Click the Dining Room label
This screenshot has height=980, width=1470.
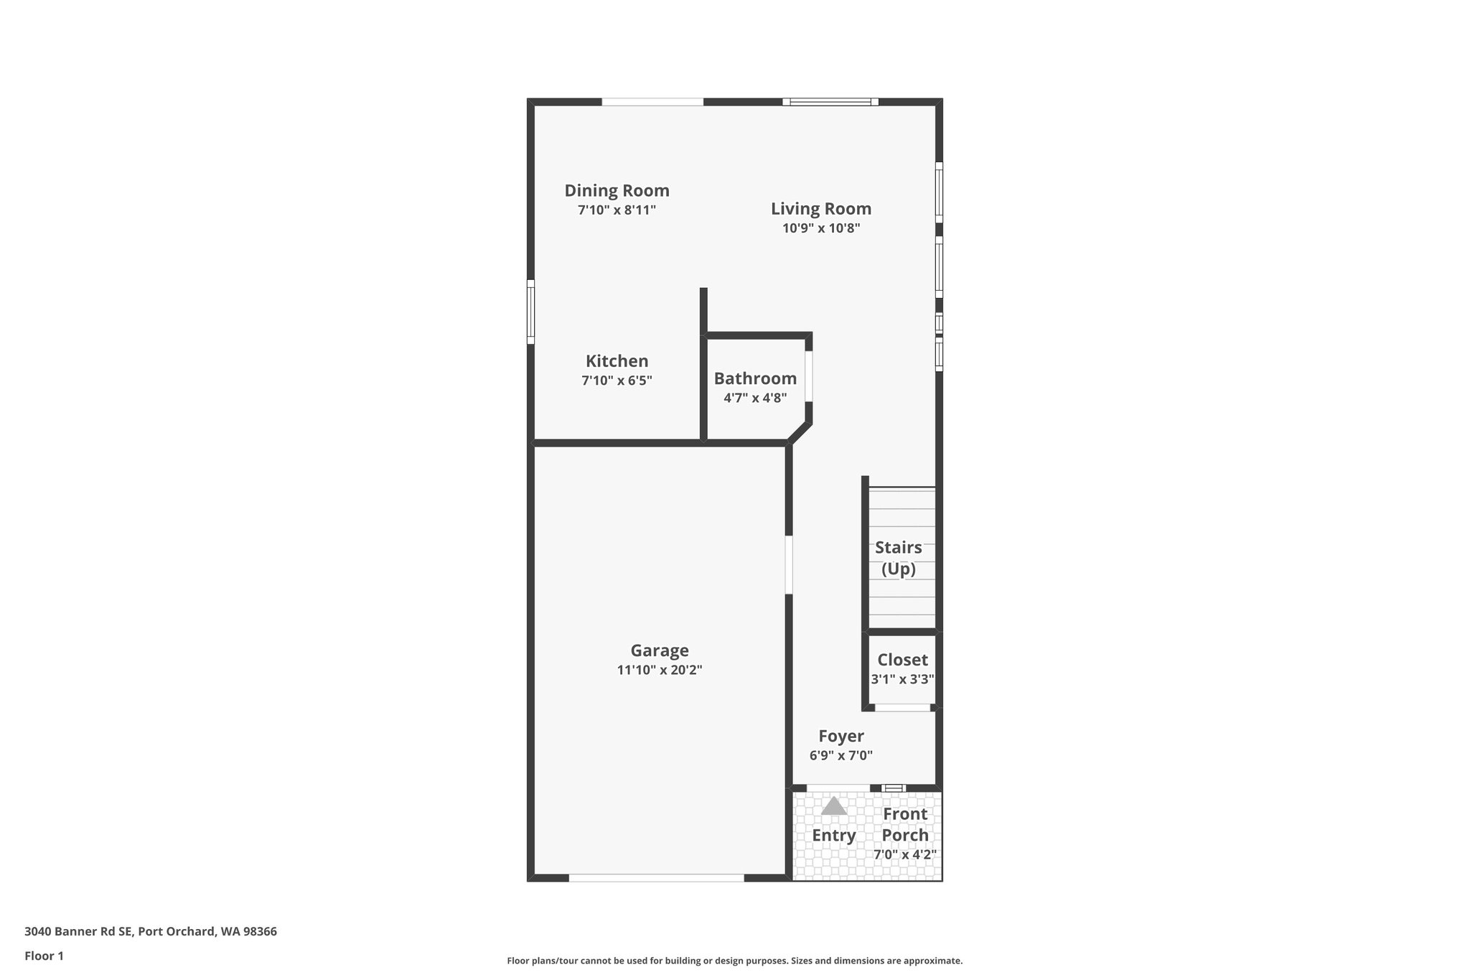pos(617,190)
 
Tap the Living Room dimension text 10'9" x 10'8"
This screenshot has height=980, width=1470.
pos(821,228)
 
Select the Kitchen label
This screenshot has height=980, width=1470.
pos(617,361)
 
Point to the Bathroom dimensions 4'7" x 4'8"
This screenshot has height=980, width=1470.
pos(755,398)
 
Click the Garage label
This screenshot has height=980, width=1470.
pos(660,650)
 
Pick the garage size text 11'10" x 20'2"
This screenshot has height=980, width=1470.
pos(660,670)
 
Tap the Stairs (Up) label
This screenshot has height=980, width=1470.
pos(899,558)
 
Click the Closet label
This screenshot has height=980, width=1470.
pos(902,660)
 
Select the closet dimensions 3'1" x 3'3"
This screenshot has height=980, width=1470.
pos(902,679)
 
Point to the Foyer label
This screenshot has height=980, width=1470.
pos(841,736)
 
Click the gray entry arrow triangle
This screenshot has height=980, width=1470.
pos(833,806)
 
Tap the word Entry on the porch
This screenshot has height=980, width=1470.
pos(834,836)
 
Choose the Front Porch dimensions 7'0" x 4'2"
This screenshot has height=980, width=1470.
pos(905,854)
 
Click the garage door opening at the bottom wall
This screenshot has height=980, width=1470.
pos(656,877)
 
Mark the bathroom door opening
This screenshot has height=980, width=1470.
pos(808,375)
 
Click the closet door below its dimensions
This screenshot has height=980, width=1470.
pos(902,708)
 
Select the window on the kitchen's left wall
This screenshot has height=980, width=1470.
pos(531,312)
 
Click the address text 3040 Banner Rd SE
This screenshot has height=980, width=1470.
pos(78,932)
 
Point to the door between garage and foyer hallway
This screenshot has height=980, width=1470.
pos(788,564)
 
